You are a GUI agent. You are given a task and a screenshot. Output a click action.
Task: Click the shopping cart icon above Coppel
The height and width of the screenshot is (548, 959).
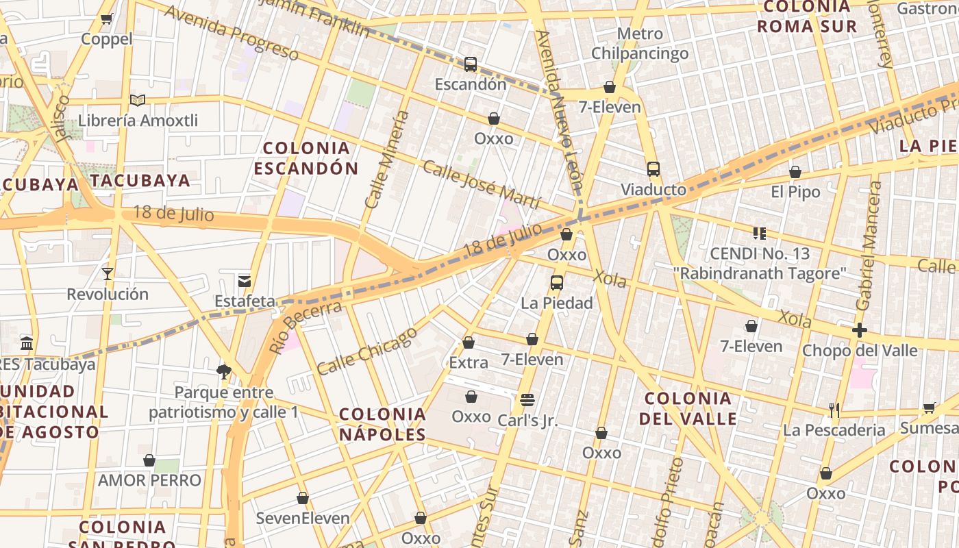coord(106,19)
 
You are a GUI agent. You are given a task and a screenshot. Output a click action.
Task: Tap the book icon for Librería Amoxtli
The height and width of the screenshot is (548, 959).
coord(138,101)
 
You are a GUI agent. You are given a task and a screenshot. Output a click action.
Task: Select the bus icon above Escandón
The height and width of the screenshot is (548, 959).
coord(471,64)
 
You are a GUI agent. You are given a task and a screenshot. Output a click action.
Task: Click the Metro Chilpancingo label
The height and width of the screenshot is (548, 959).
coord(640,43)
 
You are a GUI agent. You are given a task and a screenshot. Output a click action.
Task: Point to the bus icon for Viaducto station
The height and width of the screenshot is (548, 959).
coord(653,169)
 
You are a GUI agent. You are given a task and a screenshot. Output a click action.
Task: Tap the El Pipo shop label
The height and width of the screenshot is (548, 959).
coord(795,192)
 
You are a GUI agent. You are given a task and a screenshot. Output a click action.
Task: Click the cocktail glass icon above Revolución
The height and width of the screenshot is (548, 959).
coord(108,274)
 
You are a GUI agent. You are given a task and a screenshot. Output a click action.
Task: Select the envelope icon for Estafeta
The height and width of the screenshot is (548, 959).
coord(245,281)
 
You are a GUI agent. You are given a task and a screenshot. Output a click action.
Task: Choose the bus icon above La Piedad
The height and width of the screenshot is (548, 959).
coord(557,282)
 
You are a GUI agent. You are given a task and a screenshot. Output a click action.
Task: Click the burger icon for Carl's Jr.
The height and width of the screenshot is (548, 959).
coord(527,400)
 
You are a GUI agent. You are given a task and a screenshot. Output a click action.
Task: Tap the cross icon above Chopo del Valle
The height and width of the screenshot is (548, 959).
coord(860,331)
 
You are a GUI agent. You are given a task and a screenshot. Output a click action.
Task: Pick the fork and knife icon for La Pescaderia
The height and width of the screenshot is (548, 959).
coord(834,410)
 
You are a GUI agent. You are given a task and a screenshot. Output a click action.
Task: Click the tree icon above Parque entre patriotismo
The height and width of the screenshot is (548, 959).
coord(223,372)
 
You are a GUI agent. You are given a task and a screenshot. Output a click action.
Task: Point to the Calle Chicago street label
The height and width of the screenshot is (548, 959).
coord(367,351)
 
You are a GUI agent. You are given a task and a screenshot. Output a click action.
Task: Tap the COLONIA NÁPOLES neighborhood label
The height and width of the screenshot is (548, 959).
coord(383,424)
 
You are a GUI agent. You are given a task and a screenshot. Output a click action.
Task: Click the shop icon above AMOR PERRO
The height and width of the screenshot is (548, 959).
coord(149,460)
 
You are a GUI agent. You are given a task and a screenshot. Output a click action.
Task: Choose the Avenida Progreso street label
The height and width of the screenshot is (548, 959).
coord(231,33)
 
